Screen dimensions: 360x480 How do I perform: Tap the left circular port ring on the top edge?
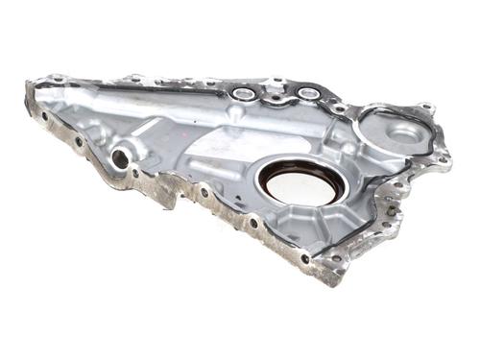click(243, 94)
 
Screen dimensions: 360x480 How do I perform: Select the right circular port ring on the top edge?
click(308, 93)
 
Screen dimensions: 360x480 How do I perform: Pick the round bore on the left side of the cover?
click(119, 157)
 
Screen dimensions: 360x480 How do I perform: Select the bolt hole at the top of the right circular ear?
click(425, 108)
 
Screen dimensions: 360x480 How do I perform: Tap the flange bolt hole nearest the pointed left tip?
click(43, 117)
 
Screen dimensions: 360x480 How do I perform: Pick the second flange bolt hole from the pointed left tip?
click(78, 141)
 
